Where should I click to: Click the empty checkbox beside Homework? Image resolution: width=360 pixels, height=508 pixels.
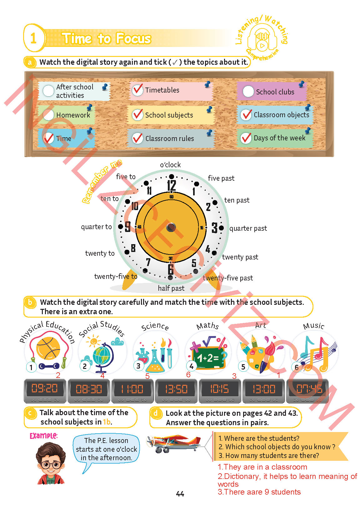[48, 115]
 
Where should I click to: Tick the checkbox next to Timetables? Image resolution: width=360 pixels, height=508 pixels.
[137, 90]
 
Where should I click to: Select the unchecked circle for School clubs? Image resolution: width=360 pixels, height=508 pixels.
[248, 92]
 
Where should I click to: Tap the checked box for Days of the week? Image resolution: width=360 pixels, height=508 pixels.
[246, 138]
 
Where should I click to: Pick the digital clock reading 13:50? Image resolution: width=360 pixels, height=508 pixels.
[176, 389]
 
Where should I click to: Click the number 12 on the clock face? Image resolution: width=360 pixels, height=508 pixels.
[171, 186]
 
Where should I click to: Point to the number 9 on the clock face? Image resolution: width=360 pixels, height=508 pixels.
[127, 227]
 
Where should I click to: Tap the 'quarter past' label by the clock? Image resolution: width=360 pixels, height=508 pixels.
[248, 229]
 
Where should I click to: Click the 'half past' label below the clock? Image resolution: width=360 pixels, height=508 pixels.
[171, 288]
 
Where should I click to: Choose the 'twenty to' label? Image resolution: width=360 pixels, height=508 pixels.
[100, 253]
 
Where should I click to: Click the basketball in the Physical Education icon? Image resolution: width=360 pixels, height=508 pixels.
[48, 348]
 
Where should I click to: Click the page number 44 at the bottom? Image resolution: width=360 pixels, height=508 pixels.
[180, 494]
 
